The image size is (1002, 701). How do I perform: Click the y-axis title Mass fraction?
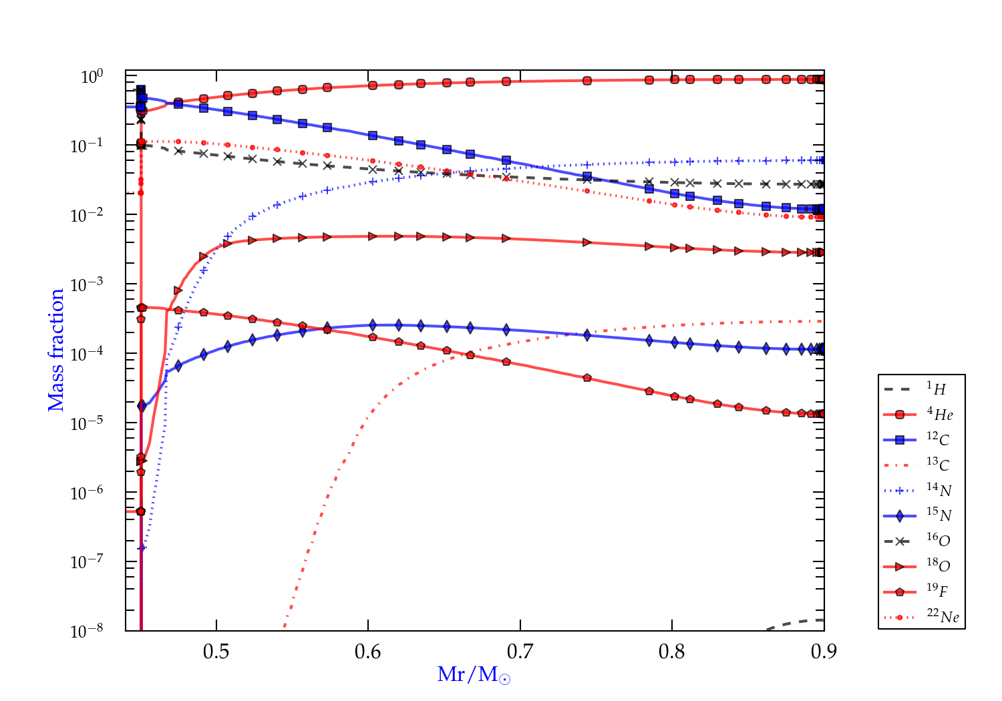(56, 350)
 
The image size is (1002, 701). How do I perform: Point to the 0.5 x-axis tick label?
(216, 651)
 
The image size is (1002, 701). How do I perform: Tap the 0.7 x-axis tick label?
(520, 651)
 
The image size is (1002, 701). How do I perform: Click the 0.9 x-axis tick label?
(824, 651)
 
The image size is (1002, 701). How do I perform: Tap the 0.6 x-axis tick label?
(368, 651)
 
